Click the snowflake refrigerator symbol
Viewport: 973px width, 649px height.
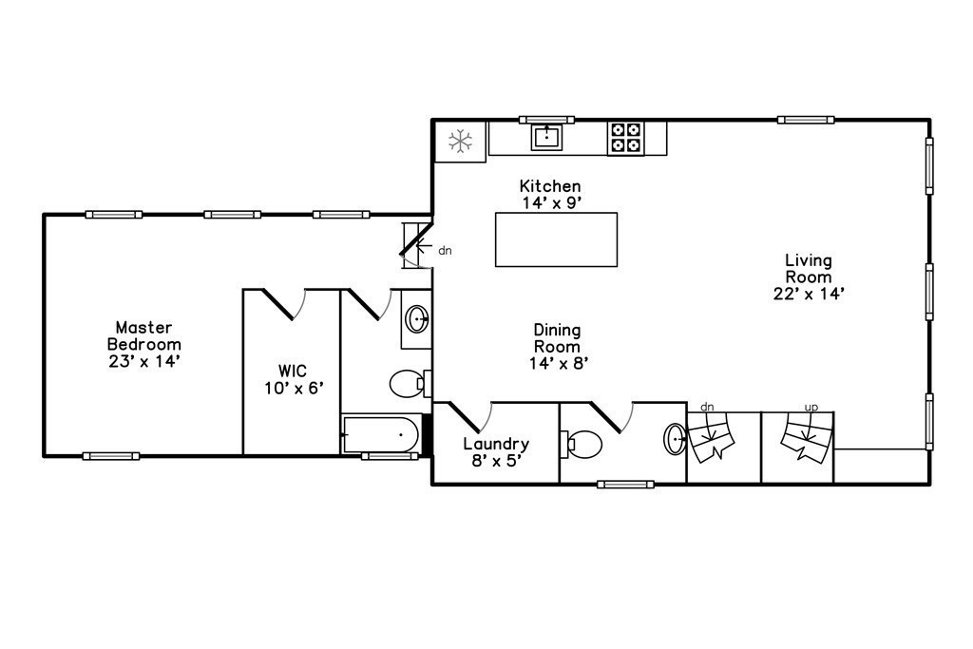coord(461,143)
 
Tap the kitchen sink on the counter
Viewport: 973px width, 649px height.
coord(547,137)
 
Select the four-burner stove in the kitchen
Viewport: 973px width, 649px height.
coord(625,138)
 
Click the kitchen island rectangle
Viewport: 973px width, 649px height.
coord(556,239)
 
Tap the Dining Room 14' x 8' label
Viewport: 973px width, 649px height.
coord(556,346)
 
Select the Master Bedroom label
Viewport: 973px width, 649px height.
coord(143,344)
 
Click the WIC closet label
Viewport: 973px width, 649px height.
coord(295,378)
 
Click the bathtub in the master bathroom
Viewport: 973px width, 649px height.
coord(380,435)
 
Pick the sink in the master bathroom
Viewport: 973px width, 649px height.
coord(416,318)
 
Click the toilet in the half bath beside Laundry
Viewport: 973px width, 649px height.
coord(582,443)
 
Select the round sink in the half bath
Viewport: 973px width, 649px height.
coord(675,439)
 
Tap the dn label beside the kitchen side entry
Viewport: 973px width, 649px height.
coord(445,252)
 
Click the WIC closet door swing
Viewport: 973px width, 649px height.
coord(285,304)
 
